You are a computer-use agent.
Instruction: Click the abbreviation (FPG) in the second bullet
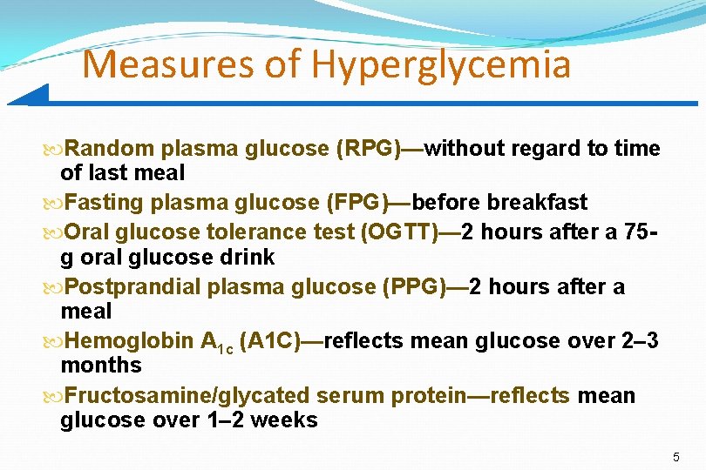(x=356, y=203)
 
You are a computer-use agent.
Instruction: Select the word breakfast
(x=537, y=203)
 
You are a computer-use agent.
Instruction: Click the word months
(x=101, y=365)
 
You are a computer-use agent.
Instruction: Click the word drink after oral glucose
(x=248, y=257)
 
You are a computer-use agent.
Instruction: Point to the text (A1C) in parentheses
(x=267, y=342)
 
